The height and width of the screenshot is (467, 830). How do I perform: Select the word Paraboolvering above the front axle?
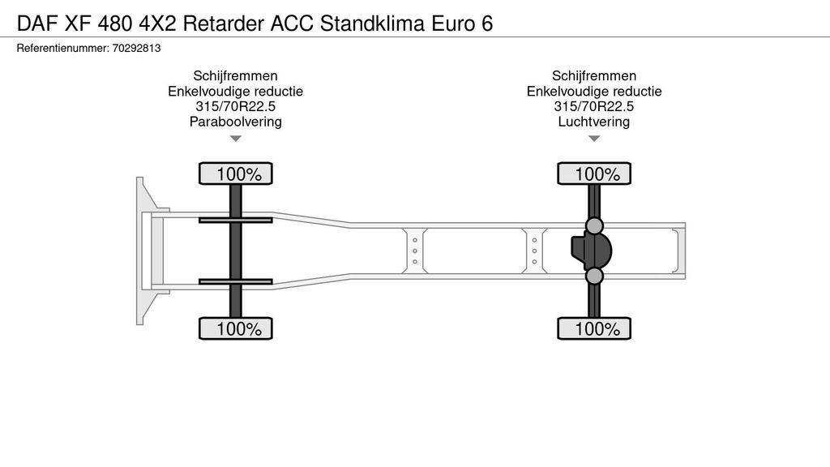pyautogui.click(x=235, y=122)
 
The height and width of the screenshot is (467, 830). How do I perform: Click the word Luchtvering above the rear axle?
pyautogui.click(x=594, y=122)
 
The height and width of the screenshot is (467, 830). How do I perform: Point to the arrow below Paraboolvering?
pyautogui.click(x=235, y=139)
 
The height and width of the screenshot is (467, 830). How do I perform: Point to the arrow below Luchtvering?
pyautogui.click(x=594, y=139)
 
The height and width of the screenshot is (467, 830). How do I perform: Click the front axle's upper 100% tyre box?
pyautogui.click(x=236, y=174)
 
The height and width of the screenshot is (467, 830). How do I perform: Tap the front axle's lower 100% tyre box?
pyautogui.click(x=236, y=328)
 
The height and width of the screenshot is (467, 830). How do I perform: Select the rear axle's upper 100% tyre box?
pyautogui.click(x=594, y=174)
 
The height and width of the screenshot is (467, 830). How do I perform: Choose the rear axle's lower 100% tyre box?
pyautogui.click(x=594, y=328)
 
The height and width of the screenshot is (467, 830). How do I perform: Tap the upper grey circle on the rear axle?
pyautogui.click(x=594, y=225)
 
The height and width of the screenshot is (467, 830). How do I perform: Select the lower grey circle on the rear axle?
pyautogui.click(x=594, y=276)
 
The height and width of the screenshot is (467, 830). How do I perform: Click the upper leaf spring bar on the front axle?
pyautogui.click(x=235, y=220)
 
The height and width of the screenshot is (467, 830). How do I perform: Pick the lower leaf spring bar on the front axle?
pyautogui.click(x=235, y=281)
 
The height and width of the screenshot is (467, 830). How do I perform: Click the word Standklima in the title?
pyautogui.click(x=375, y=23)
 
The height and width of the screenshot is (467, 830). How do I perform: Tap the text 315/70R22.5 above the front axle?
pyautogui.click(x=235, y=107)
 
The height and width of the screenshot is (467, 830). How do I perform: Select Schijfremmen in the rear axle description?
pyautogui.click(x=594, y=76)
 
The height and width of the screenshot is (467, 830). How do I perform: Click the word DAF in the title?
pyautogui.click(x=34, y=23)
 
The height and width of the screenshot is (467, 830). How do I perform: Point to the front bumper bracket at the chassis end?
pyautogui.click(x=147, y=251)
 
